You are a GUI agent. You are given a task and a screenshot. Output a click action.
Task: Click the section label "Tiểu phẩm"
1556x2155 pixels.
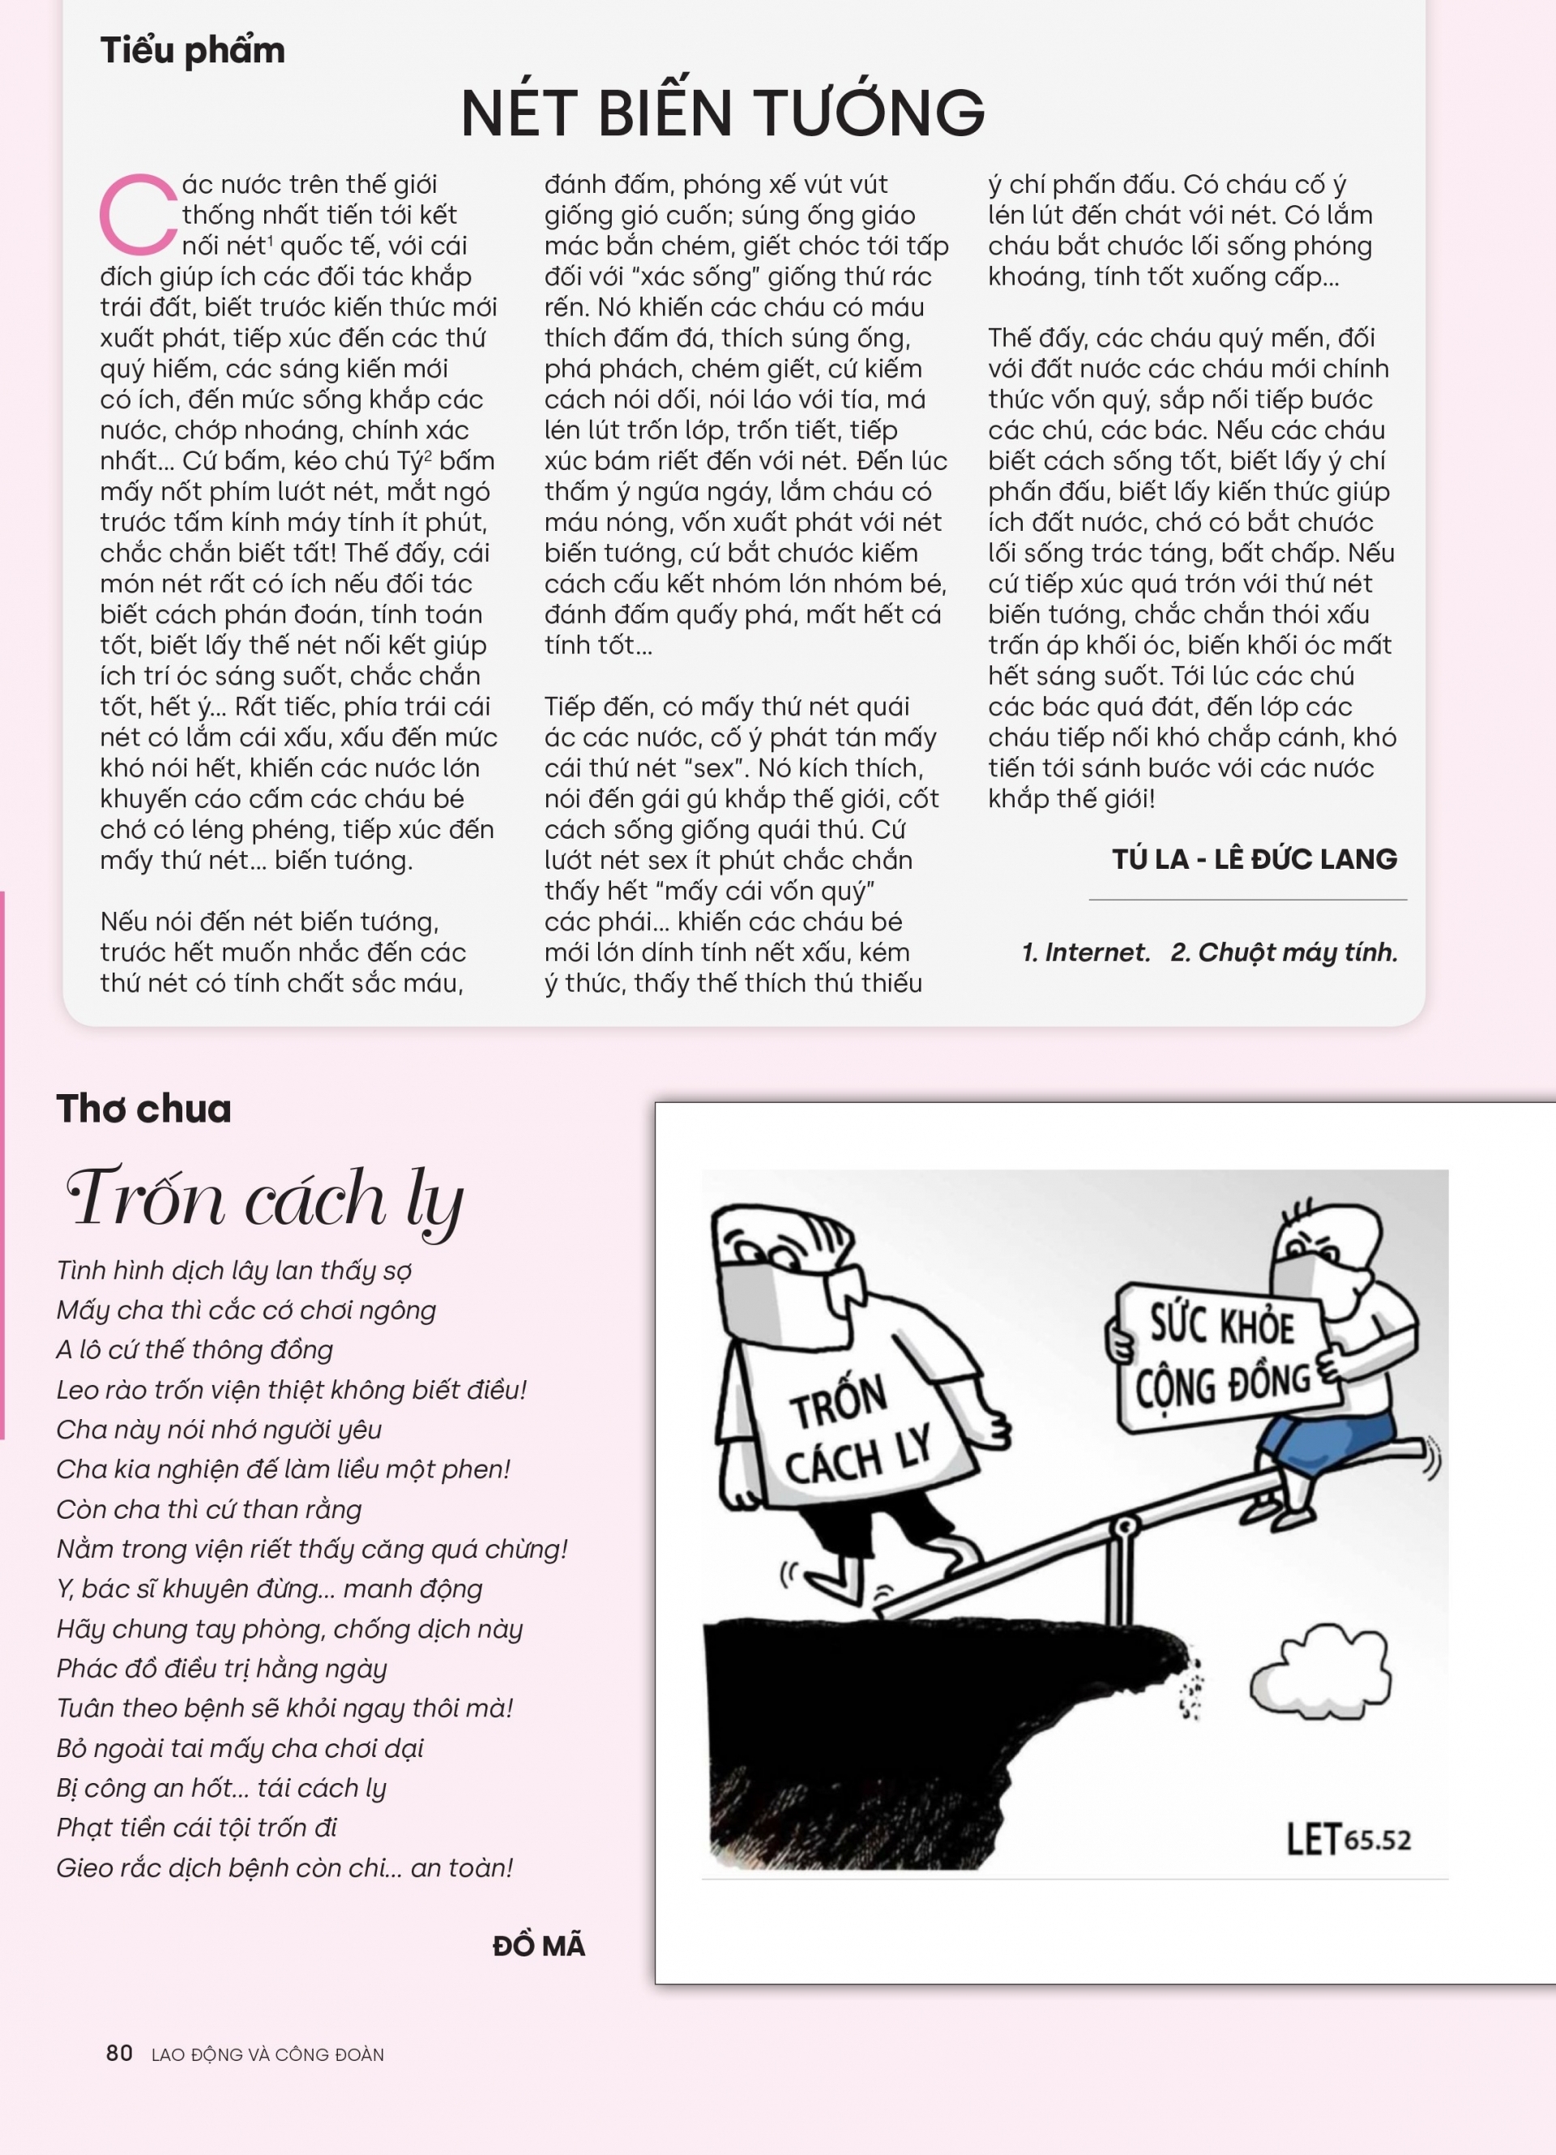[192, 50]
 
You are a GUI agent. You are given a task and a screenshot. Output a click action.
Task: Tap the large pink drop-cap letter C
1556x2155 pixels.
[137, 215]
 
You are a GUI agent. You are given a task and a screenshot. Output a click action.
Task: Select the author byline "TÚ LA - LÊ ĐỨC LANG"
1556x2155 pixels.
[1254, 859]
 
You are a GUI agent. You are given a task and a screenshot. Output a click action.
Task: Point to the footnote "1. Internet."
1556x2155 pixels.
[1085, 952]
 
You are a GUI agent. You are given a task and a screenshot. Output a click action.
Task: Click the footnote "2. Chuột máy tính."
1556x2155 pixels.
[1285, 952]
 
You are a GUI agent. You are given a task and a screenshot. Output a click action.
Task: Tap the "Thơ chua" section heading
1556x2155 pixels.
[143, 1109]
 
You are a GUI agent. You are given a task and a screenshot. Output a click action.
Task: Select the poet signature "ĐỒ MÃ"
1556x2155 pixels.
[539, 1946]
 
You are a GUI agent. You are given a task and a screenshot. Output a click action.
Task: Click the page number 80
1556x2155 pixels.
[119, 2054]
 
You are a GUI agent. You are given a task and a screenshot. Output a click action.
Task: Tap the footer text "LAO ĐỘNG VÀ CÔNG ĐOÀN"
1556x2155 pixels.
[268, 2055]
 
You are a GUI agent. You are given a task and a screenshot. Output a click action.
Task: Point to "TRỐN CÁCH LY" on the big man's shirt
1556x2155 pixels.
[855, 1431]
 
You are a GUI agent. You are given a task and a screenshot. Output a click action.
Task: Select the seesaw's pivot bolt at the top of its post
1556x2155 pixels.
[1125, 1527]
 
